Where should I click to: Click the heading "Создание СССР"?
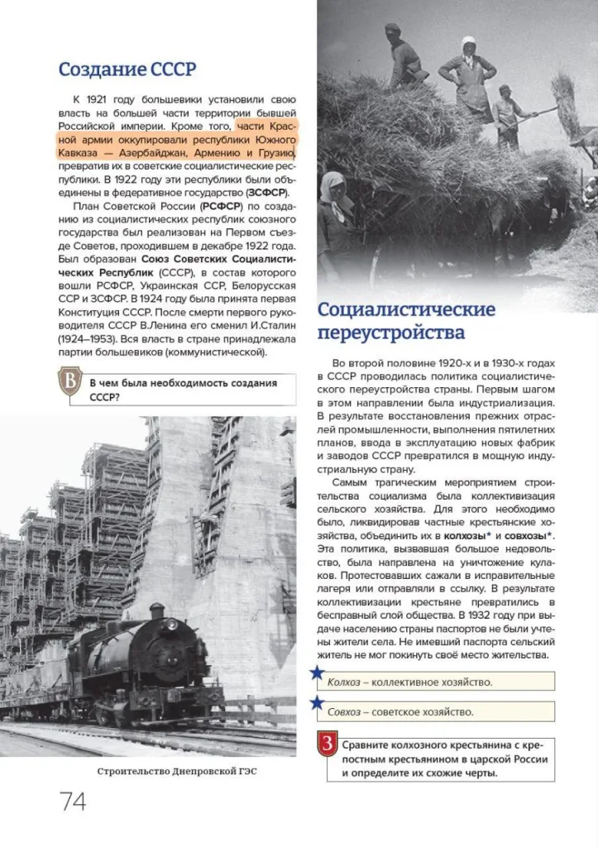click(x=127, y=69)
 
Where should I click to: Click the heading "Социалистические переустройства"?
click(x=406, y=321)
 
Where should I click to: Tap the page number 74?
click(x=73, y=801)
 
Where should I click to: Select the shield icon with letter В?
click(x=72, y=384)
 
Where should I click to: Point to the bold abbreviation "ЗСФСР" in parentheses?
click(x=262, y=193)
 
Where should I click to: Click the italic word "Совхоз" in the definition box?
click(x=344, y=711)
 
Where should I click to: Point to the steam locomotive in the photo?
click(x=149, y=662)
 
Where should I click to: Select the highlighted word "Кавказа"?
click(x=79, y=154)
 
